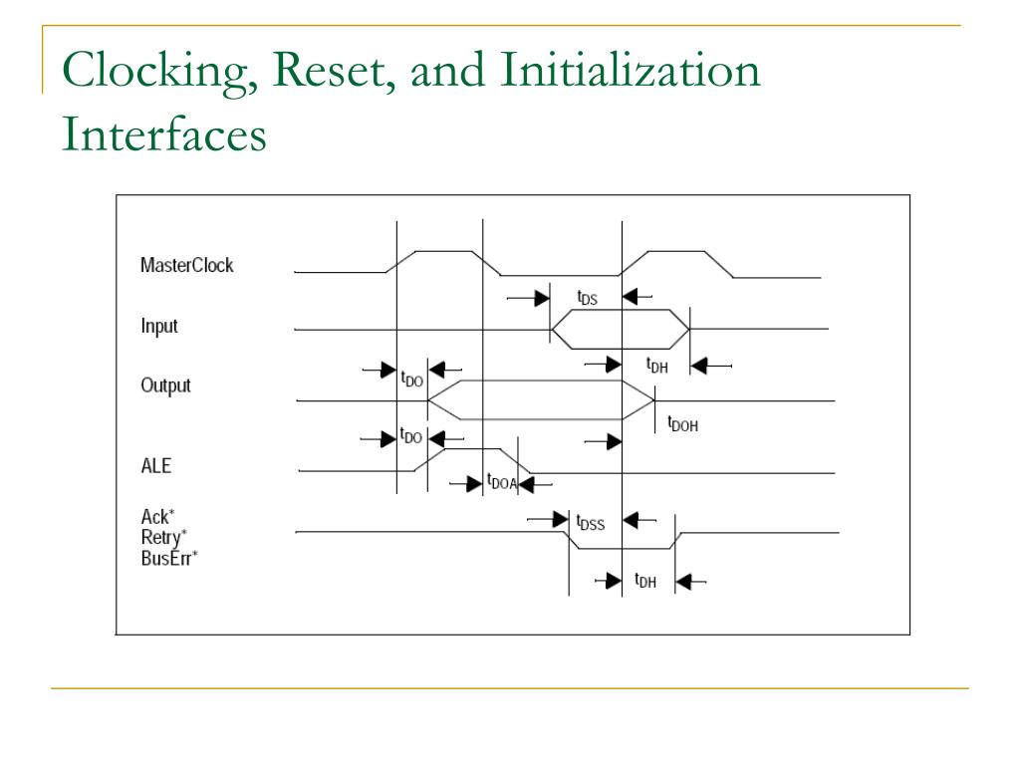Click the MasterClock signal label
click(186, 266)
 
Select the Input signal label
click(159, 326)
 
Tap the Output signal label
click(165, 385)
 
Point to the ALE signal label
click(156, 465)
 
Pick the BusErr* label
click(169, 557)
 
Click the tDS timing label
click(588, 297)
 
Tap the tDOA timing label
click(501, 483)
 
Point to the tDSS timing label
click(590, 520)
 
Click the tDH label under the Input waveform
click(656, 366)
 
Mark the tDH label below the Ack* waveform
click(644, 582)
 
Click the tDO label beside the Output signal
click(410, 379)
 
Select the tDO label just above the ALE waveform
click(410, 436)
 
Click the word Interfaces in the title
click(163, 134)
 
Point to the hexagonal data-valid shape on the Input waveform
click(621, 329)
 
